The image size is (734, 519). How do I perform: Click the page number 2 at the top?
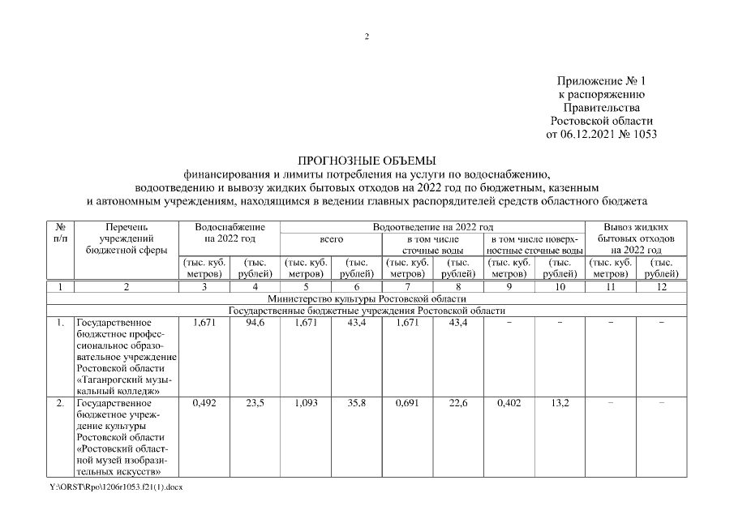pos(367,36)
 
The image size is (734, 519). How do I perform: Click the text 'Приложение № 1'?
pos(601,82)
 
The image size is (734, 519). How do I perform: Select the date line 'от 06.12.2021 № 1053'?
pos(601,135)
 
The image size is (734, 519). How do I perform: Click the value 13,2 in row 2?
pos(559,403)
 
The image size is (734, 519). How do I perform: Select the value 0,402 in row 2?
pos(509,403)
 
